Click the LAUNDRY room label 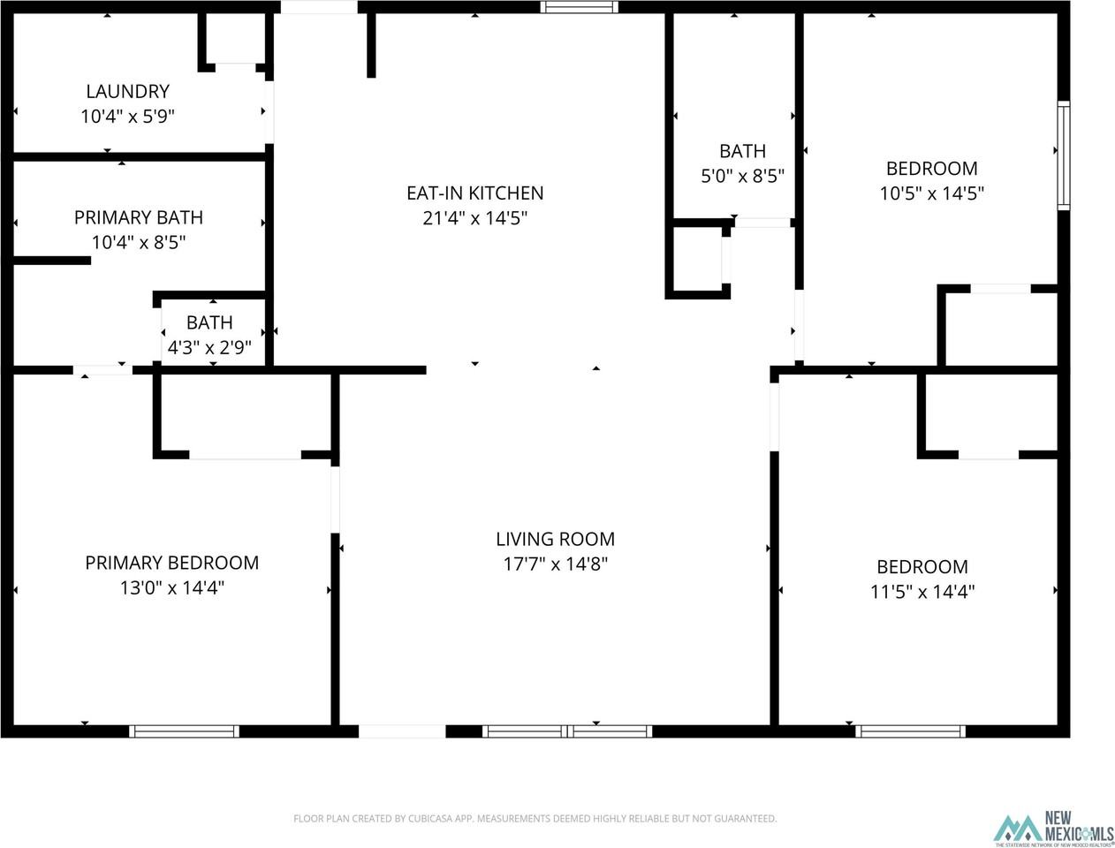coord(127,91)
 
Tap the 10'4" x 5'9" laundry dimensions coord(127,116)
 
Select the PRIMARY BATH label coord(138,217)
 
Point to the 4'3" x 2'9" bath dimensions coord(209,348)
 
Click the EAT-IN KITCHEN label coord(474,193)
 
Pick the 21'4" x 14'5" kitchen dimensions coord(474,217)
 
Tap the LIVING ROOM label coord(555,539)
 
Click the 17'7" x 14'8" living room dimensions coord(555,564)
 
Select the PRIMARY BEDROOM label coord(171,563)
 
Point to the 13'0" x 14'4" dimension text coord(171,587)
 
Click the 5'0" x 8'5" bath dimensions coord(742,176)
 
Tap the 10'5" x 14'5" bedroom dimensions coord(931,193)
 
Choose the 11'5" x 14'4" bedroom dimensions coord(922,591)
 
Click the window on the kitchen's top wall coord(579,7)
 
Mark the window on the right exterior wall coord(1064,155)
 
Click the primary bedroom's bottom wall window coord(184,731)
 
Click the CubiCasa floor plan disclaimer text coord(535,819)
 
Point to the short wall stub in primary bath coord(52,261)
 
